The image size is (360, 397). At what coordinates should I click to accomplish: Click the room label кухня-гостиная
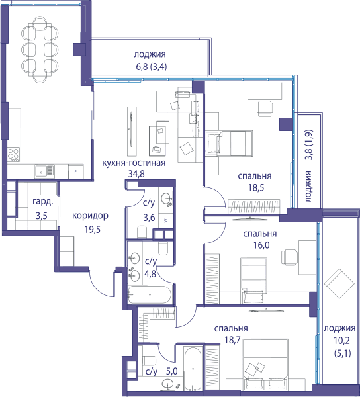pos(134,163)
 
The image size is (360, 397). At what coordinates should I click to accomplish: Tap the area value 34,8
pos(136,174)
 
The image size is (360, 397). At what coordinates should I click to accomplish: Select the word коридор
pos(90,216)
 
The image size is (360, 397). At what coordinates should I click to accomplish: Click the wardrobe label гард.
pos(43,202)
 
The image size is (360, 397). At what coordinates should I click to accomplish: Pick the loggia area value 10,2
pos(341,341)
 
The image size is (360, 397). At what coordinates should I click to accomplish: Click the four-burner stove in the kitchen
pos(13,154)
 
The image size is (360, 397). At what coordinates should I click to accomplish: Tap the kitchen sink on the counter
pos(44,171)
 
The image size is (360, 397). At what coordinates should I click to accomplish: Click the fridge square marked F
pos(75,172)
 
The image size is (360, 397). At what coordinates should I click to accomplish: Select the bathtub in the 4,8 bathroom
pos(150,294)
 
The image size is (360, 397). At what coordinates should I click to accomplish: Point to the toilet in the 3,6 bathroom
pos(142,232)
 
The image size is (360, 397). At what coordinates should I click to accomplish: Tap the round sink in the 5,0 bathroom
pos(167,384)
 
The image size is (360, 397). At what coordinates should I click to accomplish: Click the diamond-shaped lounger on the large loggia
pos(339,284)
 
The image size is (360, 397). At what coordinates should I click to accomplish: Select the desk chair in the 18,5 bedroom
pos(265,109)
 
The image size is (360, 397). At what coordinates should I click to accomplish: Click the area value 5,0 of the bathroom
pos(171,371)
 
